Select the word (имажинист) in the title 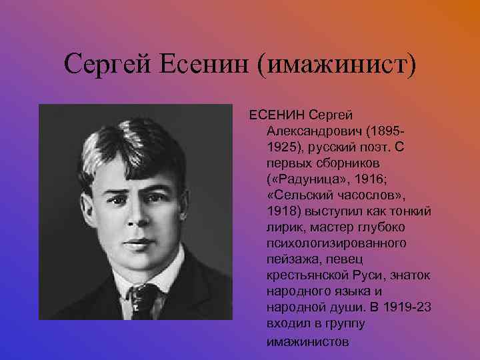[x=339, y=65]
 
